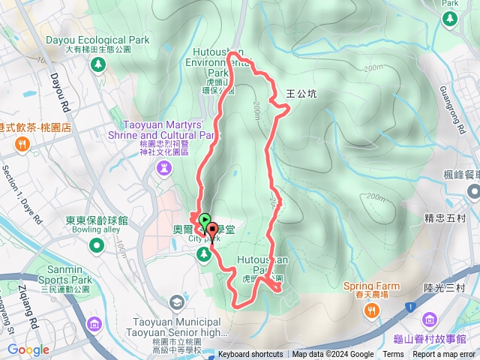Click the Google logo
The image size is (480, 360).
tap(28, 349)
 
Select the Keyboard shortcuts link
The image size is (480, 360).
tap(250, 355)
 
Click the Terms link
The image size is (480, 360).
tap(393, 355)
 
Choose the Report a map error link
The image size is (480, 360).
tap(443, 355)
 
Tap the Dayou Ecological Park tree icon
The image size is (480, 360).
tap(97, 64)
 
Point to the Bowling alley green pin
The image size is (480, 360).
tap(97, 245)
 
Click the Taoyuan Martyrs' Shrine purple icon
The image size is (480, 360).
tap(164, 169)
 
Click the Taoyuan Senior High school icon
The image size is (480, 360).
tap(176, 302)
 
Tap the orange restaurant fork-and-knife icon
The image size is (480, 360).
tap(22, 144)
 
